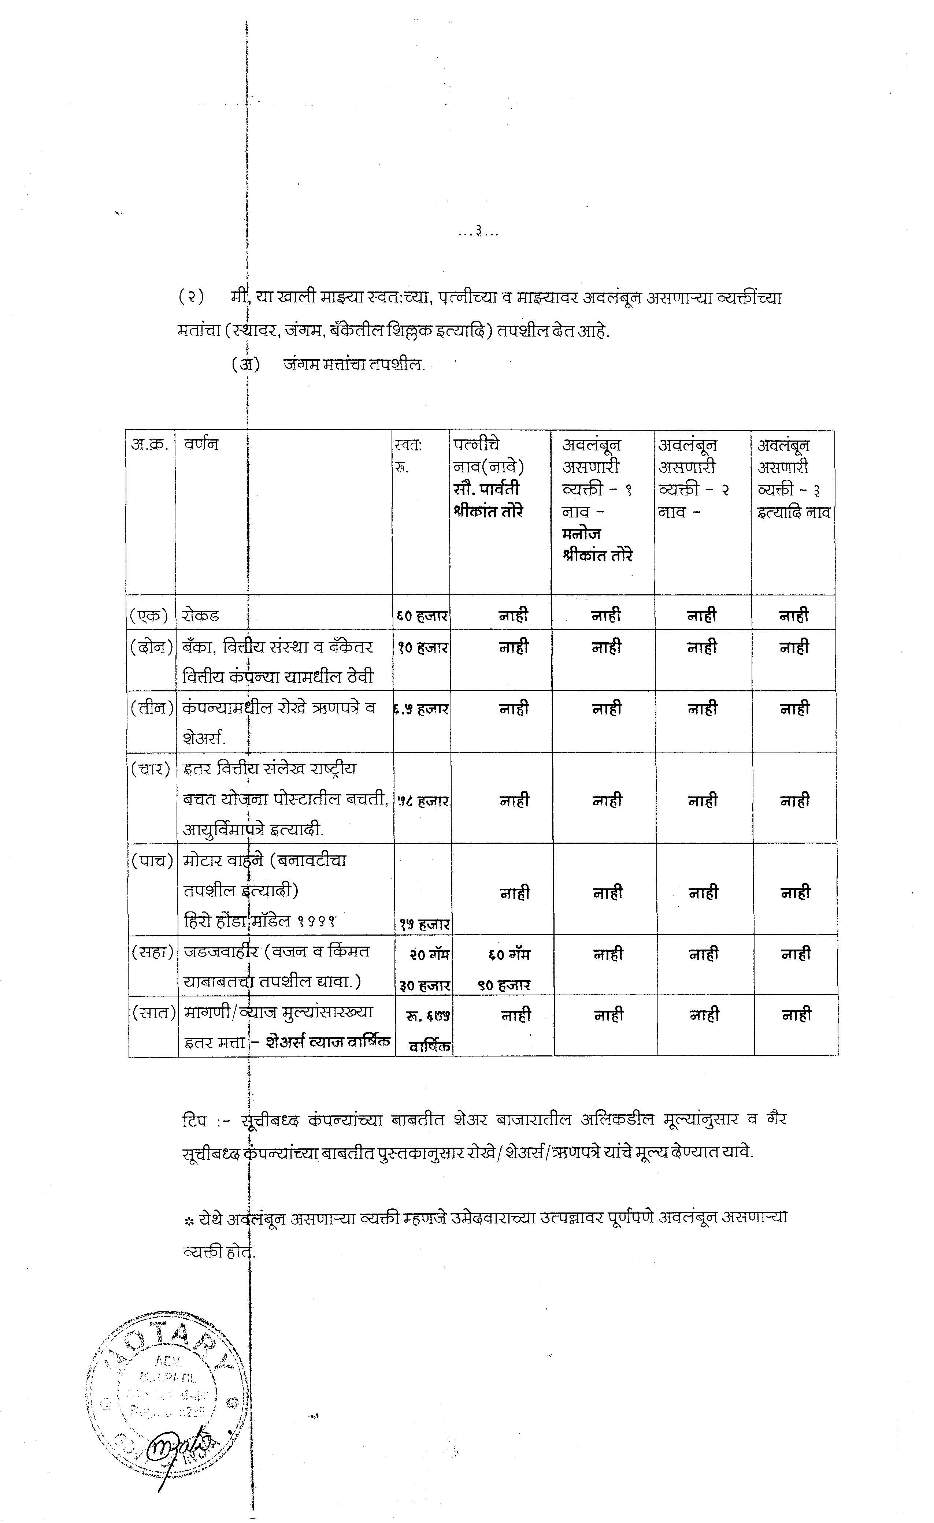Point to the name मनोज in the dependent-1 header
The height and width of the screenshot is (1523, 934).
click(581, 533)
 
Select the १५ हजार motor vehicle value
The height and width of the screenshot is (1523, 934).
click(424, 924)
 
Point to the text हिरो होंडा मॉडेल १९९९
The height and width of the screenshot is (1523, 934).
click(260, 920)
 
